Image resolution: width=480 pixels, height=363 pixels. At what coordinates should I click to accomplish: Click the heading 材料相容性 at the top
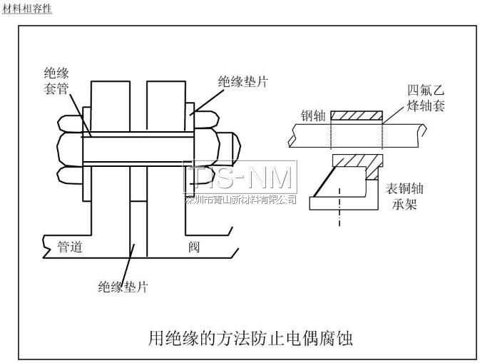[27, 8]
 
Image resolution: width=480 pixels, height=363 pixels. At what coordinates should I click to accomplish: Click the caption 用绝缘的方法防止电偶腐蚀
[250, 334]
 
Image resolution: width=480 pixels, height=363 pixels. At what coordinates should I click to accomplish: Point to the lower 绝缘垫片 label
[123, 287]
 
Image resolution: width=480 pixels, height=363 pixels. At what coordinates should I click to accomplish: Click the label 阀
[193, 247]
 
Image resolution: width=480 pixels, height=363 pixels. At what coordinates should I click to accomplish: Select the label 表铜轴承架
[402, 197]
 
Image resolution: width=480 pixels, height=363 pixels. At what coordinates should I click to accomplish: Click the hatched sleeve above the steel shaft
[356, 115]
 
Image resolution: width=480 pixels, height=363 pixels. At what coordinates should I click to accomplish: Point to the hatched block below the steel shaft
[356, 161]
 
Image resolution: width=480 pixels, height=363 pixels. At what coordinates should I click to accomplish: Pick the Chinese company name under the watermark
[240, 200]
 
